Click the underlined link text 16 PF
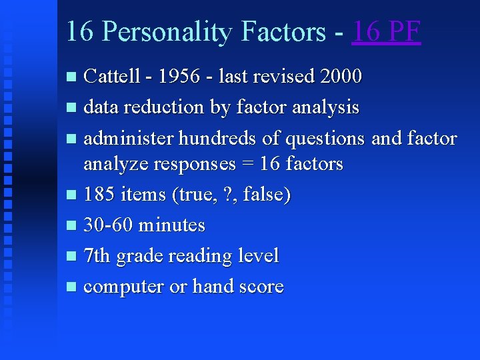tap(386, 32)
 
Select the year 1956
tap(175, 77)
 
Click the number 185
tap(98, 195)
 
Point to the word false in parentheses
tap(267, 195)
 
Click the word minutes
tap(172, 225)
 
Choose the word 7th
tap(97, 256)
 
